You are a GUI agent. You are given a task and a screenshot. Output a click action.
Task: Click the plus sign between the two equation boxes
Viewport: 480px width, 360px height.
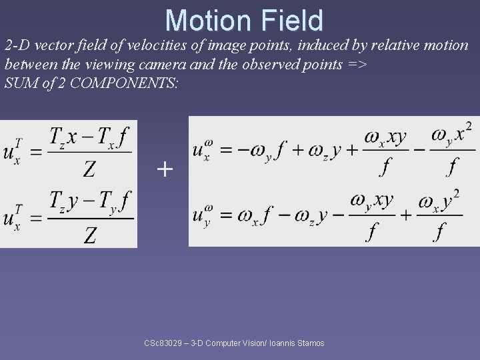pyautogui.click(x=164, y=169)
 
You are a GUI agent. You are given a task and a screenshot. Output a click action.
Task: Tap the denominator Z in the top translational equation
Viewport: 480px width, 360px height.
pyautogui.click(x=89, y=171)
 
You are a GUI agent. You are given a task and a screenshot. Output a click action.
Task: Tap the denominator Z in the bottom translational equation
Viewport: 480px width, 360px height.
pyautogui.click(x=90, y=234)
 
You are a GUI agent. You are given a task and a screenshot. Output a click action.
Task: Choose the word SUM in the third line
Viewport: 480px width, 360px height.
pyautogui.click(x=19, y=84)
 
